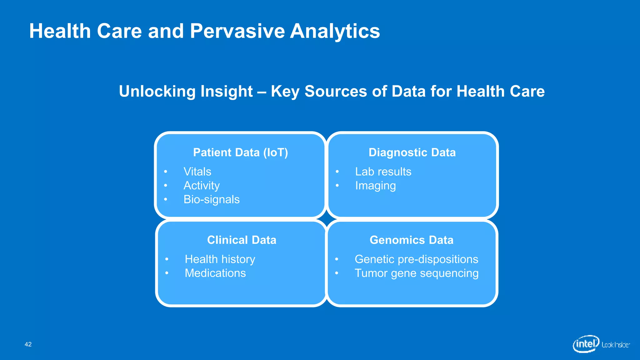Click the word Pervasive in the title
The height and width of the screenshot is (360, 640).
click(237, 31)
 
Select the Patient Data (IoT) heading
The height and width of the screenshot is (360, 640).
click(240, 152)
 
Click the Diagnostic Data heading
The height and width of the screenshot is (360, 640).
click(412, 152)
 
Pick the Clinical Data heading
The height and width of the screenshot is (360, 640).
click(242, 240)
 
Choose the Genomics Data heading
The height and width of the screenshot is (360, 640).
click(411, 240)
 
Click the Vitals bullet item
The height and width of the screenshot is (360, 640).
click(197, 172)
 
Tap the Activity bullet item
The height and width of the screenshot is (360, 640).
click(202, 186)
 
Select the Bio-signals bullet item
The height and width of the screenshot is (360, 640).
click(212, 199)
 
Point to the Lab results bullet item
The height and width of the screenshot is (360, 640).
click(383, 172)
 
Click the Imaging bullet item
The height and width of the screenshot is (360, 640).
click(375, 186)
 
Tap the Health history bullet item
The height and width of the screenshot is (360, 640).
click(220, 259)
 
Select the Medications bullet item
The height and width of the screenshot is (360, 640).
click(215, 273)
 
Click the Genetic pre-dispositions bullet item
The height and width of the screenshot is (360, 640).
click(416, 259)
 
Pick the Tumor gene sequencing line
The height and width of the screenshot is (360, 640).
click(416, 273)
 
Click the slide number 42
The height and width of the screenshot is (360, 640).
click(28, 344)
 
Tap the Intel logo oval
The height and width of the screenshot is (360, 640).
click(586, 344)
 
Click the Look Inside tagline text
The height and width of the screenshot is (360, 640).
click(615, 345)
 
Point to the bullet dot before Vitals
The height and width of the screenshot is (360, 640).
click(166, 172)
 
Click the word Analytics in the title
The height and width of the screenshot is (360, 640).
click(335, 31)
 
